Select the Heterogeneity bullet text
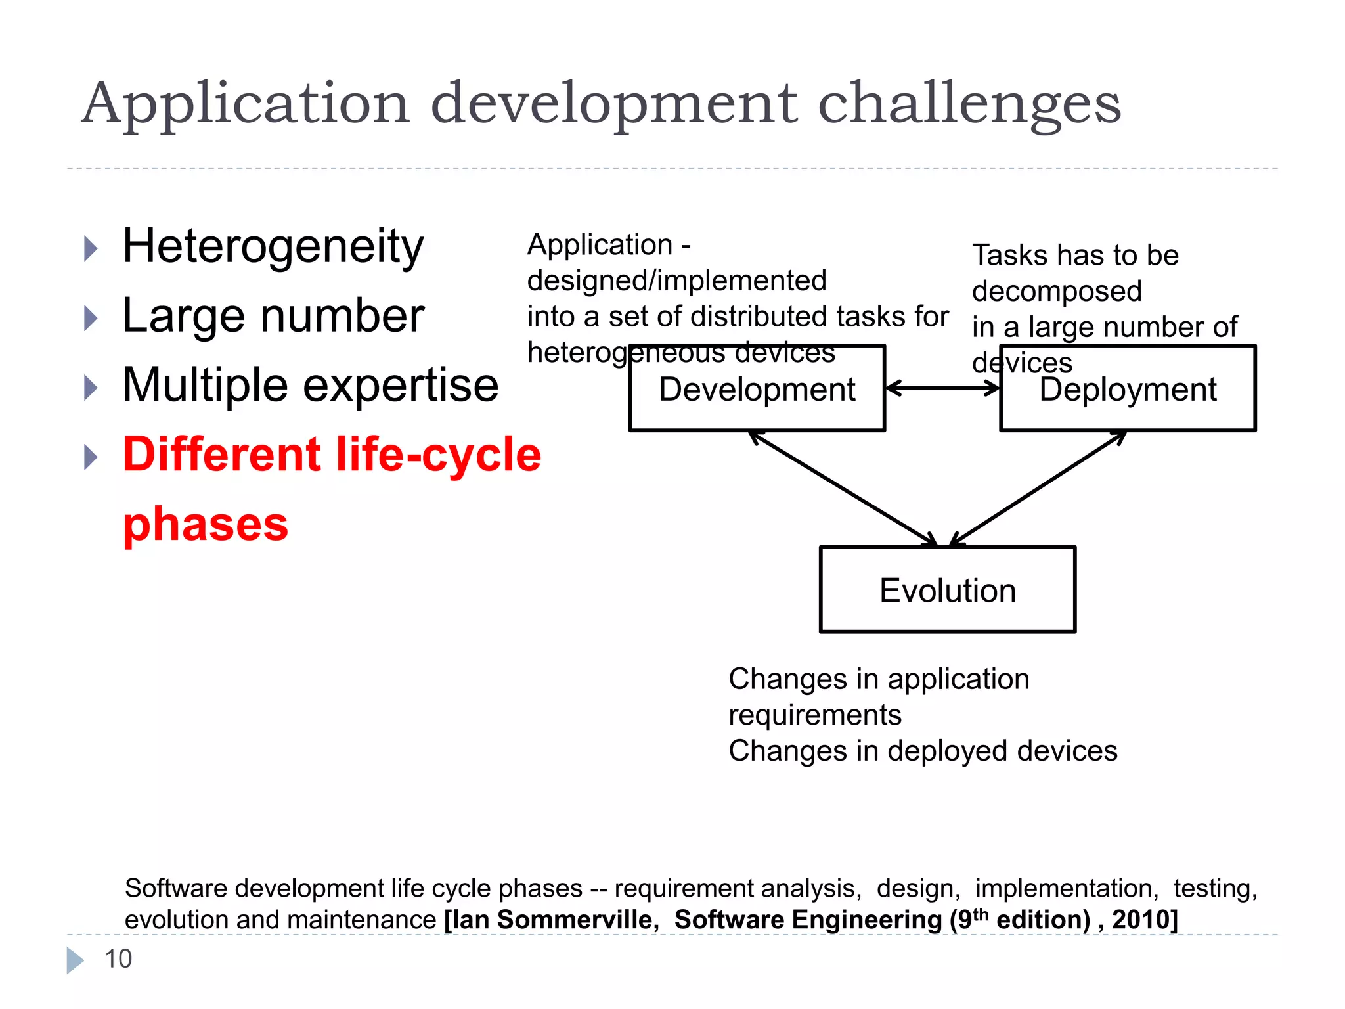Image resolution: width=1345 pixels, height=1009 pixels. (x=273, y=247)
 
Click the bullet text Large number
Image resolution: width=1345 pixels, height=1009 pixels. (x=273, y=317)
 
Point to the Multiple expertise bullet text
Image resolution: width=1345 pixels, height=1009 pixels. (x=310, y=386)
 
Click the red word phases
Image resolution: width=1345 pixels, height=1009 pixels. (x=206, y=525)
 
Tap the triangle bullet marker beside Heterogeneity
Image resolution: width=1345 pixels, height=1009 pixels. (x=91, y=249)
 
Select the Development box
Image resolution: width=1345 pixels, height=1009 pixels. (x=757, y=390)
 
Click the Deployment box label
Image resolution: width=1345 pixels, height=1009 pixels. (x=1127, y=390)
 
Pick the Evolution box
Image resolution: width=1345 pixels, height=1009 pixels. (x=947, y=590)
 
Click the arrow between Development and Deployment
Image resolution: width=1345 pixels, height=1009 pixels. (x=942, y=388)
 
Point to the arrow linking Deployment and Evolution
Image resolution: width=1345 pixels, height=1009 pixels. (x=1038, y=489)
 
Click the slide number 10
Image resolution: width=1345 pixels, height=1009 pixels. (x=118, y=959)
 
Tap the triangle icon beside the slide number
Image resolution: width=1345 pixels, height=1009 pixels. (x=75, y=960)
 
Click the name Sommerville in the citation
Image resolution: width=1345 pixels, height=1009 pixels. (x=578, y=920)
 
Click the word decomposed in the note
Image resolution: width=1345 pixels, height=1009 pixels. (x=1057, y=291)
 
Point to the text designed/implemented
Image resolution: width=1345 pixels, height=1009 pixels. (x=676, y=281)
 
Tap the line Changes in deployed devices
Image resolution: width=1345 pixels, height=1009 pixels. (x=922, y=751)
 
